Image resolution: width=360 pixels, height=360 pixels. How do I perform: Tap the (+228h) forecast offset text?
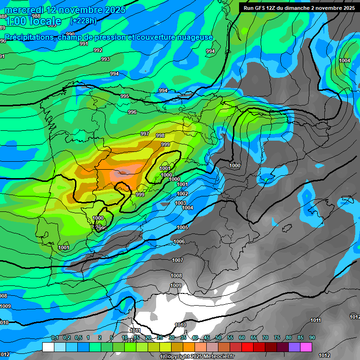click(x=83, y=21)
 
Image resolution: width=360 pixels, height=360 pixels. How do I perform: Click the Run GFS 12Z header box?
click(x=298, y=7)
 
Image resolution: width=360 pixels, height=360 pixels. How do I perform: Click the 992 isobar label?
click(x=98, y=50)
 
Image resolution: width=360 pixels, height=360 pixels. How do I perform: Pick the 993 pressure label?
click(x=105, y=59)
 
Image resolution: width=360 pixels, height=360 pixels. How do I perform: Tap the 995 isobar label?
click(x=125, y=96)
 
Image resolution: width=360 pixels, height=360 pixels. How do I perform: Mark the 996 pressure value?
click(x=132, y=112)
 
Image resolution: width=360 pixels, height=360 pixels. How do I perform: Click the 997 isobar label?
click(x=145, y=134)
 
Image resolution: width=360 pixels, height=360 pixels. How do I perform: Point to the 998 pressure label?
click(x=160, y=135)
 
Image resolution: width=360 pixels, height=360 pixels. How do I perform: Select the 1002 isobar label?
click(x=182, y=194)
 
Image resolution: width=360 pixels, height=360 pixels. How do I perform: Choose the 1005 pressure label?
click(x=182, y=227)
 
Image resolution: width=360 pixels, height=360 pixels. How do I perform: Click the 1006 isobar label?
click(x=179, y=241)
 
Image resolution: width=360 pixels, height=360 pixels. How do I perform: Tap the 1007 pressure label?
click(x=178, y=260)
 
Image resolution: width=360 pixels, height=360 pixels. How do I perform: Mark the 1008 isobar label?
click(x=176, y=276)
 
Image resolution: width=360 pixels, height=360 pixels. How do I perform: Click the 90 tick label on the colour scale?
click(x=312, y=337)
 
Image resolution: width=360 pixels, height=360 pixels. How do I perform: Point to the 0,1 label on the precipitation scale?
click(x=55, y=337)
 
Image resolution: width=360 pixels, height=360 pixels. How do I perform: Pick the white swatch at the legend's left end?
click(x=48, y=347)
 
